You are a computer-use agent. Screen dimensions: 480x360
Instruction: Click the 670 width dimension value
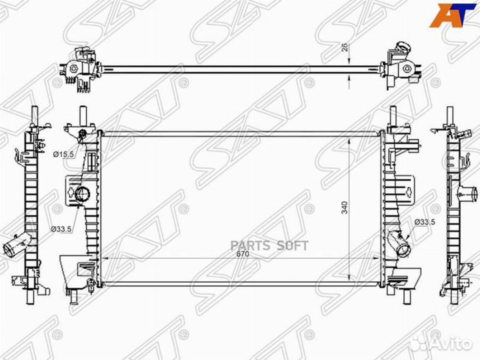point(243,254)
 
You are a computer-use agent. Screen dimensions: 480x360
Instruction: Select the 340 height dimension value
point(345,207)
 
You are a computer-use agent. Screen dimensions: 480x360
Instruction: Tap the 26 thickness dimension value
point(345,47)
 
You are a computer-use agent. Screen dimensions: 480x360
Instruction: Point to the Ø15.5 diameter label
point(64,155)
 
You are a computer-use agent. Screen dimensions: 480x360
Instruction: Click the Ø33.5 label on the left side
point(61,229)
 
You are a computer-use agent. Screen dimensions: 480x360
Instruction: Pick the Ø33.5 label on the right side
point(425,222)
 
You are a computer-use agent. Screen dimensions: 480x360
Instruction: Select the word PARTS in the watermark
point(250,245)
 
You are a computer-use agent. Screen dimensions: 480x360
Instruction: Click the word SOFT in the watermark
point(293,245)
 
